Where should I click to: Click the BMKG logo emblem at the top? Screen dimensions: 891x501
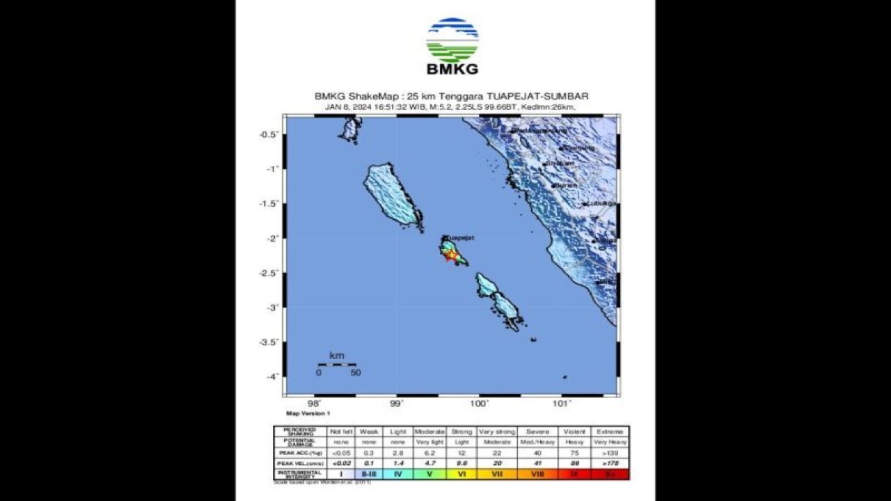click(x=452, y=40)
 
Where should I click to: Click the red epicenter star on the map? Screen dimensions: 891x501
click(x=451, y=255)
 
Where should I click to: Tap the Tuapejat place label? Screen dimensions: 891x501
click(x=459, y=237)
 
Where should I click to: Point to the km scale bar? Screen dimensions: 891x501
click(x=337, y=364)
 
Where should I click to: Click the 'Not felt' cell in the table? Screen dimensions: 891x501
click(x=341, y=431)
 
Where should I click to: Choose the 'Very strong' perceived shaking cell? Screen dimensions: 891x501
click(x=497, y=431)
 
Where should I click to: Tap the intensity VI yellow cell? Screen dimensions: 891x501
click(x=462, y=474)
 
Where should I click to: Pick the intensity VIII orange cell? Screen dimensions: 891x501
click(x=537, y=474)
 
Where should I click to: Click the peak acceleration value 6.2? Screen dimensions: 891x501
click(x=429, y=452)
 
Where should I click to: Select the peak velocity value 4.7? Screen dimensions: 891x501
click(x=429, y=463)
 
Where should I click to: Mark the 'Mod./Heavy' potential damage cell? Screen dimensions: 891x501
click(x=537, y=442)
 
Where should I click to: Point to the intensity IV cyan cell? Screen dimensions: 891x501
click(x=397, y=474)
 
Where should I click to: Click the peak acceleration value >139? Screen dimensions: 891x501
click(x=610, y=452)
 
